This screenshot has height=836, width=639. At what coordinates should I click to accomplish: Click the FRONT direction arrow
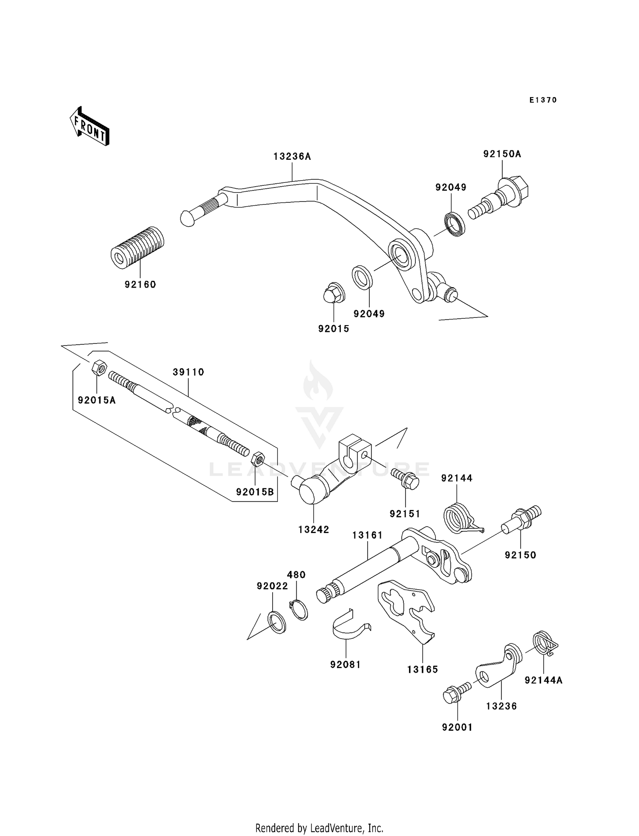89,127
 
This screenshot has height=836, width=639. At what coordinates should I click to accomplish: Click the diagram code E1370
543,100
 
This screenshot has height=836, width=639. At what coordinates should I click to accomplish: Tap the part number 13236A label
292,156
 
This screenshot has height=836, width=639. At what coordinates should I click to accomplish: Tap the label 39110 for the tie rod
188,372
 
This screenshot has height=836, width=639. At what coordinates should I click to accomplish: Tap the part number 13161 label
367,535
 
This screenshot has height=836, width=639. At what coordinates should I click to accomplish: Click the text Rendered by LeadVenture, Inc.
319,828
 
